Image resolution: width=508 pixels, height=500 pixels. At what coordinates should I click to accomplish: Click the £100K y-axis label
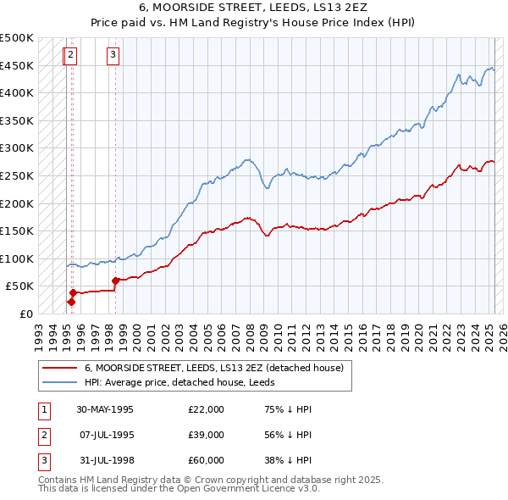click(x=17, y=258)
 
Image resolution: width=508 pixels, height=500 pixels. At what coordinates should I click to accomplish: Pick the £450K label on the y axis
click(x=17, y=65)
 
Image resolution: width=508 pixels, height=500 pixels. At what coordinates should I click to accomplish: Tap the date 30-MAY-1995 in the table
click(x=105, y=409)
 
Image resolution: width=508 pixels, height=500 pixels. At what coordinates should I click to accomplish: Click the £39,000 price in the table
click(x=207, y=435)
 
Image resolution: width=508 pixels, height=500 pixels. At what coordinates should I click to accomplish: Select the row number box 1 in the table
click(x=43, y=409)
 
